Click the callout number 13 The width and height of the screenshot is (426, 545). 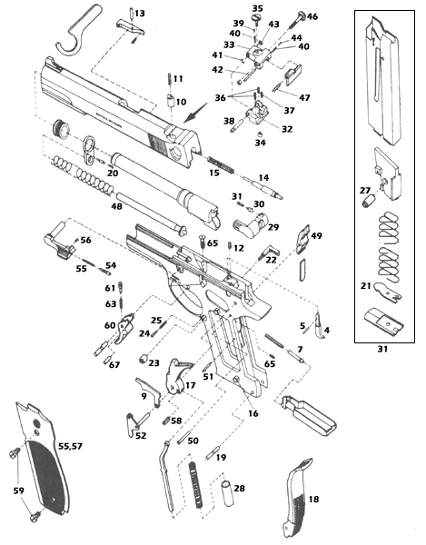138,14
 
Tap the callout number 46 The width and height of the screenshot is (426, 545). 312,16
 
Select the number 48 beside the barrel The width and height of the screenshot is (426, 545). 117,206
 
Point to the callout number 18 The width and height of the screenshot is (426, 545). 314,500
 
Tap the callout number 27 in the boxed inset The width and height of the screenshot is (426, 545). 364,191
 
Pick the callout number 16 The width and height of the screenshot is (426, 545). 252,414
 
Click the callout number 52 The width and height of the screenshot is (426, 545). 140,436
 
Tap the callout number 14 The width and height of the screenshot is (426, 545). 264,177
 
